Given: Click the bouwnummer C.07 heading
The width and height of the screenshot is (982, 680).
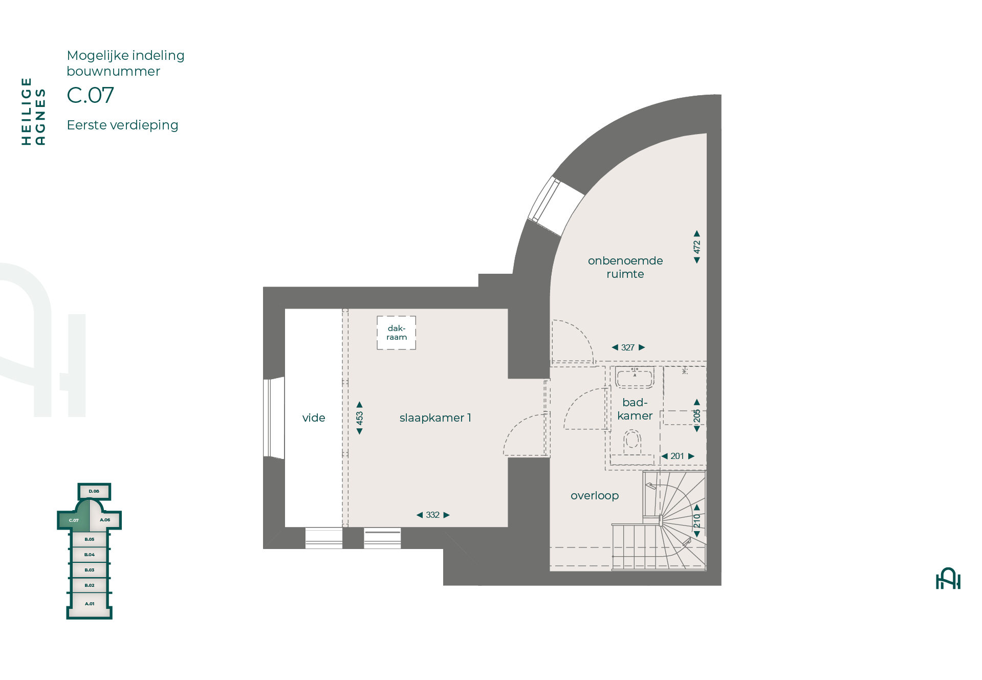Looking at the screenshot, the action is click(x=91, y=95).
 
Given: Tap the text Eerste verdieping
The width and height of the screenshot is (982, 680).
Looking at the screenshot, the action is click(x=123, y=125).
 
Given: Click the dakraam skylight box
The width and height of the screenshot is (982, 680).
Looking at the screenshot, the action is click(x=397, y=333).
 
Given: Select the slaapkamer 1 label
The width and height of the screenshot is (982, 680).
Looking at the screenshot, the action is click(x=435, y=418).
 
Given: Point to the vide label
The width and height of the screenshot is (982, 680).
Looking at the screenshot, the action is click(x=314, y=418).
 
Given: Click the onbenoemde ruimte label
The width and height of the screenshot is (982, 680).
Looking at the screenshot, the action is click(x=625, y=267).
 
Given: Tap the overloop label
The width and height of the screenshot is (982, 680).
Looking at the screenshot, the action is click(x=595, y=496).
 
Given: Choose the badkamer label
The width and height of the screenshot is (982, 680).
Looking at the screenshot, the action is click(x=635, y=409).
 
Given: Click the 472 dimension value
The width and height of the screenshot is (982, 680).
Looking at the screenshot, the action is click(x=696, y=247).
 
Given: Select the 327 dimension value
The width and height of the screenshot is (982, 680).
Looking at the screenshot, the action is click(x=628, y=347).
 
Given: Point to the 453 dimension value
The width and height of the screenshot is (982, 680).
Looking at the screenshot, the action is click(x=359, y=418).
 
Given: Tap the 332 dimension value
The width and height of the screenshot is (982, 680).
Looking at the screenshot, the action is click(x=433, y=515).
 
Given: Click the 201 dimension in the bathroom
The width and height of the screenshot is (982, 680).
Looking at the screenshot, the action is click(x=678, y=456).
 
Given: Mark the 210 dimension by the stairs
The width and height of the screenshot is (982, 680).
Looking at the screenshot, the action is click(x=696, y=521).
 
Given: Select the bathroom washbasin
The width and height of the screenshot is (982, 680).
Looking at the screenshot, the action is click(x=635, y=377).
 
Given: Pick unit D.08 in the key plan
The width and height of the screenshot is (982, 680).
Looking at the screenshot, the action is click(x=94, y=491).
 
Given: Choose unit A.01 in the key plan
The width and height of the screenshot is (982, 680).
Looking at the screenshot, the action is click(x=90, y=604).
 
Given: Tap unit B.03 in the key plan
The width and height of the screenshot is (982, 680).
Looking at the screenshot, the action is click(x=90, y=570).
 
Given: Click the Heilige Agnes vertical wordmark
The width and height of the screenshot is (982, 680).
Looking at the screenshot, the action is click(x=33, y=112).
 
